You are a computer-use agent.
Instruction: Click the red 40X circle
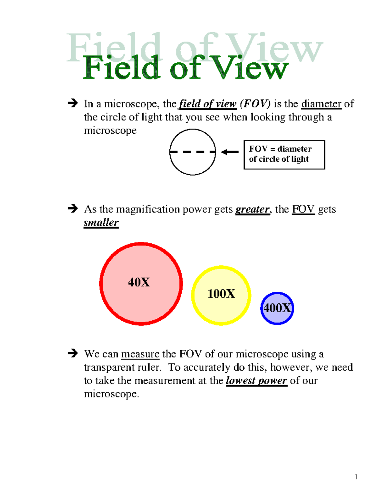click(x=141, y=284)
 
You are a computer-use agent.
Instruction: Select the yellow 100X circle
click(x=221, y=296)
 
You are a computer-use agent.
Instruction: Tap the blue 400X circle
click(x=277, y=308)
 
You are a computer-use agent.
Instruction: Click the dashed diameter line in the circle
click(x=192, y=152)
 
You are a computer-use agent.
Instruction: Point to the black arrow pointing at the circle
click(x=230, y=152)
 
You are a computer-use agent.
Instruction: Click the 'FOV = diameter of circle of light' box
click(x=284, y=155)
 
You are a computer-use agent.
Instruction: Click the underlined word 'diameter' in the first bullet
click(x=321, y=104)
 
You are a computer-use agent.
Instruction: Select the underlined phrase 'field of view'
click(x=208, y=104)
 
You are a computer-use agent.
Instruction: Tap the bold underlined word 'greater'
click(x=252, y=209)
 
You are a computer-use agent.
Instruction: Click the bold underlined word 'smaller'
click(x=101, y=223)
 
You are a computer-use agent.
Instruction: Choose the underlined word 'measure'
click(x=140, y=354)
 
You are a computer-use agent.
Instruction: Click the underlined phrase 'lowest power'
click(x=257, y=381)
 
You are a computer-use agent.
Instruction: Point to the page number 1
click(x=356, y=477)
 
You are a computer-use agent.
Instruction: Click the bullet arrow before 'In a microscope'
click(x=73, y=103)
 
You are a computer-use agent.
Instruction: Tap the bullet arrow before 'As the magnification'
click(x=73, y=208)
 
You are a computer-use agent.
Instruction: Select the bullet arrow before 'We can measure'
click(x=73, y=353)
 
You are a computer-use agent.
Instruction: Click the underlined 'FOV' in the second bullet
click(x=303, y=209)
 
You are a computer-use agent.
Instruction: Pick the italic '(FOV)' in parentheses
click(x=255, y=104)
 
